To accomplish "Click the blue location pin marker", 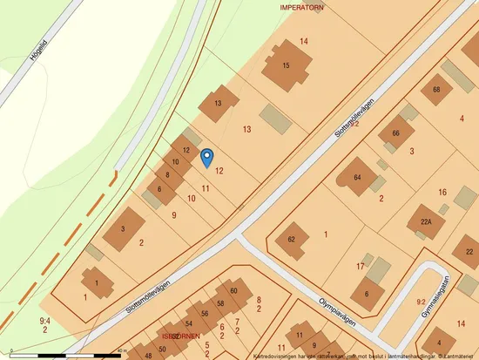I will pos(207,157).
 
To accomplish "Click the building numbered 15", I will pos(287,66).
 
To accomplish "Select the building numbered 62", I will pos(292,239).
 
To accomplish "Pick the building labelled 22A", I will pos(426,222).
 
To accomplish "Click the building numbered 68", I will pos(436,89).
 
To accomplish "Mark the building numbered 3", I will pos(124,228).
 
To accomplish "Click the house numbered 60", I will pos(233,291).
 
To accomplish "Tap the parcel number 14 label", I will pos(304,41).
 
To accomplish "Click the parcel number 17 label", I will pos(360,266).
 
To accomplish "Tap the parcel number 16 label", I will pos(442,192).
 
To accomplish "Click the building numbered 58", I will pos(220,303).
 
